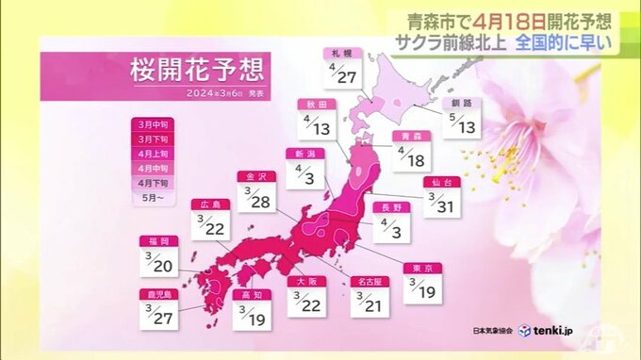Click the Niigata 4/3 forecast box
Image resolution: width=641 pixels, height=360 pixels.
[x=304, y=170]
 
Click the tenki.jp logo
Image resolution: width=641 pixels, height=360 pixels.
[x=551, y=331]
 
